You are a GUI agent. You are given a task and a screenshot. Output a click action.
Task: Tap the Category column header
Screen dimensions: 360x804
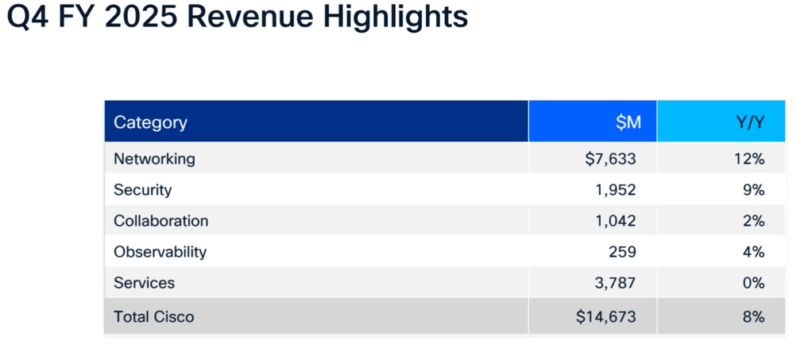(x=150, y=122)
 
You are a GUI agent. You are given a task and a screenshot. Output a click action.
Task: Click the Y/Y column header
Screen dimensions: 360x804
(x=749, y=122)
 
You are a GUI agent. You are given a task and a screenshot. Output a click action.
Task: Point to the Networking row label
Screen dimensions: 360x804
(x=154, y=159)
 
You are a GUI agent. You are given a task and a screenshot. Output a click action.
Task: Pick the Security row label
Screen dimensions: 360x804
(x=142, y=190)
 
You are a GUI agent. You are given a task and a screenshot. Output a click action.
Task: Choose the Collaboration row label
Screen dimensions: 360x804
(x=160, y=221)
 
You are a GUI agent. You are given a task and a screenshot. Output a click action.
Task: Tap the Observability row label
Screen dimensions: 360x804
(x=160, y=252)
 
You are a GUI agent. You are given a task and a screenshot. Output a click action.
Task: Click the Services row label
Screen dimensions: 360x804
(x=144, y=283)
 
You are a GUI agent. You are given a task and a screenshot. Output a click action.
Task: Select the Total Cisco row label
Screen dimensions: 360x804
(x=153, y=317)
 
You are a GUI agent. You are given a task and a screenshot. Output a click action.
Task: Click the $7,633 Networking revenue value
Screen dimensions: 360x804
(x=610, y=159)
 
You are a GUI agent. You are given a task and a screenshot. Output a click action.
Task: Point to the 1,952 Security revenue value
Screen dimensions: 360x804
(x=615, y=190)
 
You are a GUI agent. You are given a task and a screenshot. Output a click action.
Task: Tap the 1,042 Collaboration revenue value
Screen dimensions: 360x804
(x=615, y=221)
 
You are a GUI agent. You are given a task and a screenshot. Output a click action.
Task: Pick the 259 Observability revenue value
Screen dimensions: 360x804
(x=623, y=252)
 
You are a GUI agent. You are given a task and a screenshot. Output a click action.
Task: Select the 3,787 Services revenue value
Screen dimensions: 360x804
(x=615, y=283)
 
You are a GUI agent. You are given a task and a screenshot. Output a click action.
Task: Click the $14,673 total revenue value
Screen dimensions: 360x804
(x=606, y=317)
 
